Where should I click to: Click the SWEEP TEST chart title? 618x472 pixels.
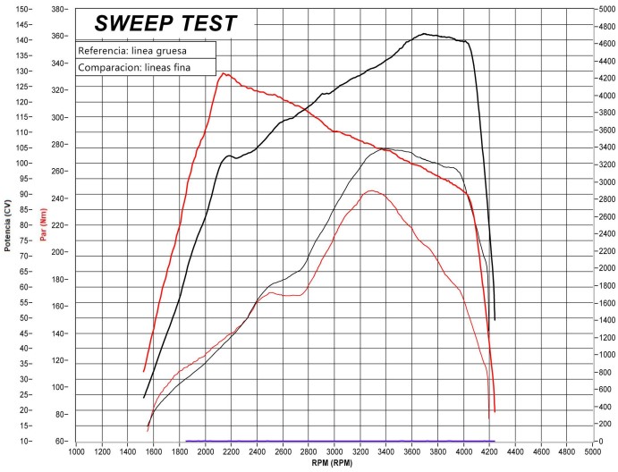pos(166,23)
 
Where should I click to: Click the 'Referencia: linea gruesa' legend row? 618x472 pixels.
pos(131,51)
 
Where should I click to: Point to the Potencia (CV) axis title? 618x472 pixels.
pos(7,225)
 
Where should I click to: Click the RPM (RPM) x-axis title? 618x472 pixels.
pos(333,464)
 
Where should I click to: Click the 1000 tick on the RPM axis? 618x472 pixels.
pos(76,451)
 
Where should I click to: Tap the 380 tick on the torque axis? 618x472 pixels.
pos(60,9)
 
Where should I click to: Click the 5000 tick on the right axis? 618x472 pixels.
pos(605,9)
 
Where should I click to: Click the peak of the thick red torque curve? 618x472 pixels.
pos(224,73)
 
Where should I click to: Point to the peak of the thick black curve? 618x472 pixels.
pos(426,34)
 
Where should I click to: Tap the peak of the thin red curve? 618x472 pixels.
pos(370,190)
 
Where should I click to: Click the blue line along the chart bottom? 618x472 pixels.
pos(340,441)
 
